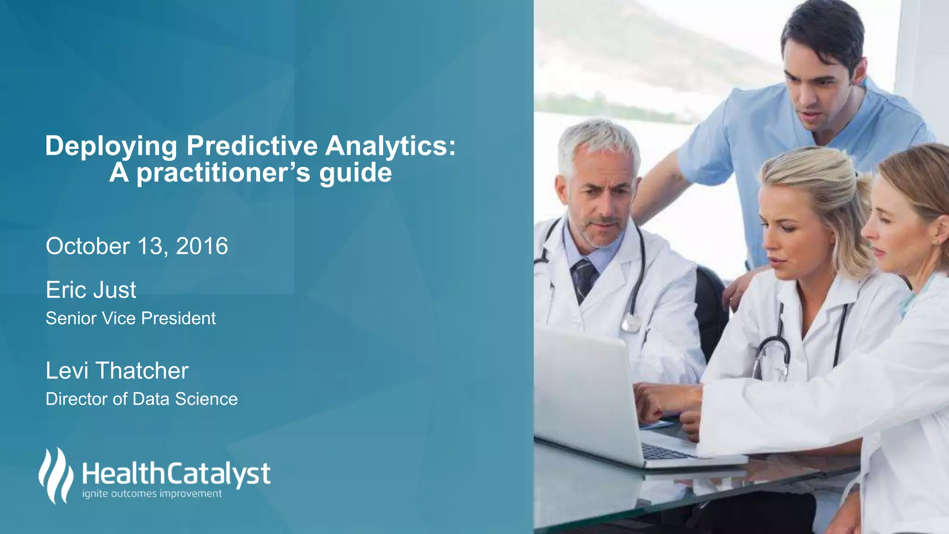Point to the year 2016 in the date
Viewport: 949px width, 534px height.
202,246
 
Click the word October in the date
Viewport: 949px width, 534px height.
88,246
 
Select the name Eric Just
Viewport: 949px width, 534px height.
91,290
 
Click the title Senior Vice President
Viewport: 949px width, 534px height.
131,318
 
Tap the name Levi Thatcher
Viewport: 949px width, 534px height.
117,371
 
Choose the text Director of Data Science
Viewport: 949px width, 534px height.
141,399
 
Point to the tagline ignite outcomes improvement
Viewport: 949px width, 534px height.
152,494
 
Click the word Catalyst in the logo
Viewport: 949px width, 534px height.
218,474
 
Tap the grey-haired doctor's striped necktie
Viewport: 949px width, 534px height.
583,278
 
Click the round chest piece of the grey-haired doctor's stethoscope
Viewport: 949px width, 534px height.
631,322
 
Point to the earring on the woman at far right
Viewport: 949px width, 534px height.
936,242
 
